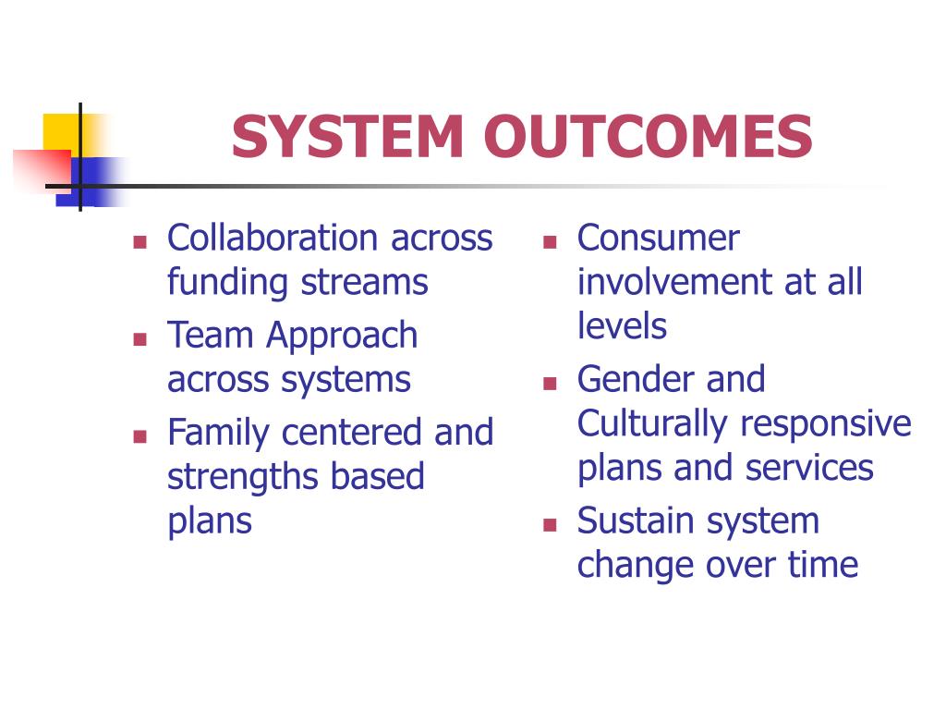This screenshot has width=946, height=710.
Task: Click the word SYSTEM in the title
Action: click(x=346, y=137)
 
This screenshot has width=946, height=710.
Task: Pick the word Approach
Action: click(x=342, y=336)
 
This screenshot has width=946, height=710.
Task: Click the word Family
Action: click(x=219, y=433)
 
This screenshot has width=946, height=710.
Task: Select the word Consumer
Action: click(x=658, y=239)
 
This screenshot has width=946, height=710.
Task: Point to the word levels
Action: click(x=622, y=326)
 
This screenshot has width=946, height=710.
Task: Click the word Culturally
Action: click(x=652, y=424)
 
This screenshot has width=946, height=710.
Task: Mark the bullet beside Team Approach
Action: click(x=140, y=338)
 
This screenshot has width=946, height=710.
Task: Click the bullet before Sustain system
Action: click(x=550, y=524)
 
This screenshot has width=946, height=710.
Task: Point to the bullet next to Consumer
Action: click(x=550, y=242)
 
